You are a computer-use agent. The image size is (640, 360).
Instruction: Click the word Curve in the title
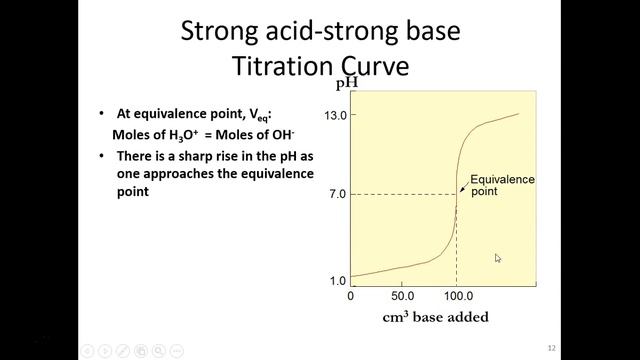coord(372,67)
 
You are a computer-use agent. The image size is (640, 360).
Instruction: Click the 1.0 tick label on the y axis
coord(338,281)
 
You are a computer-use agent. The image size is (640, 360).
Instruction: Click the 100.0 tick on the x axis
coord(457,297)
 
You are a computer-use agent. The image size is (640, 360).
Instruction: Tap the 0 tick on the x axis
coord(350,297)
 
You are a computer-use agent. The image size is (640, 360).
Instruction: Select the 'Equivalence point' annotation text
coord(503,185)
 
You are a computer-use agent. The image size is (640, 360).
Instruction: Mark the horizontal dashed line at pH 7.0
coord(400,193)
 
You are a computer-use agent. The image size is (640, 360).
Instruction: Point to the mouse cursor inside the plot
coord(497,257)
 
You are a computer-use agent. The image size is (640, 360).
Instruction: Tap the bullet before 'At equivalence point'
coord(103,114)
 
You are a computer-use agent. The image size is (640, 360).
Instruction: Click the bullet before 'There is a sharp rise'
coord(103,156)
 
